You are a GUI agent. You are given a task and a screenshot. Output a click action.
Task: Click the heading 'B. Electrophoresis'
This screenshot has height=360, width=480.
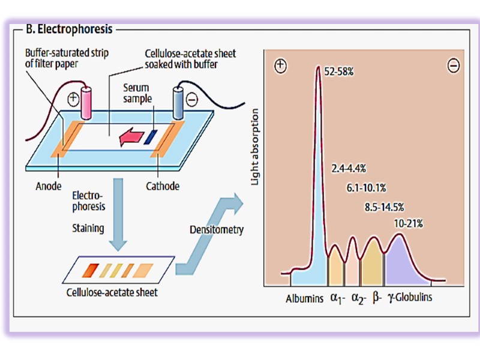click(x=70, y=28)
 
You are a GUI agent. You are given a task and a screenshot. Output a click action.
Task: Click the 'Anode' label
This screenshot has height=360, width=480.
click(x=49, y=186)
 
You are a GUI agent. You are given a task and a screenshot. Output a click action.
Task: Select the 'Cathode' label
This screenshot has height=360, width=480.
click(x=163, y=186)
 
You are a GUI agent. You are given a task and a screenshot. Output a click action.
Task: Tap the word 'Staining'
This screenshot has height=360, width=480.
click(x=88, y=228)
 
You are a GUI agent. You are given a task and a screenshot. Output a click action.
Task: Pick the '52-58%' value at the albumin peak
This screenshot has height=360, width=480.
click(x=339, y=71)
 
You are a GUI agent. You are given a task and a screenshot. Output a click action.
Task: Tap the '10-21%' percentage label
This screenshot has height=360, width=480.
click(x=409, y=223)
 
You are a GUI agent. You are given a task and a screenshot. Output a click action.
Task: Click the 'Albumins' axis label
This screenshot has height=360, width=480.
click(x=304, y=298)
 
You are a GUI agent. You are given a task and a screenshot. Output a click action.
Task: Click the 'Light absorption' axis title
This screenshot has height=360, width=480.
click(x=256, y=146)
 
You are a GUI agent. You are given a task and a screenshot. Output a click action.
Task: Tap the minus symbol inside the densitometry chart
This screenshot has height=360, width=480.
click(x=454, y=65)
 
